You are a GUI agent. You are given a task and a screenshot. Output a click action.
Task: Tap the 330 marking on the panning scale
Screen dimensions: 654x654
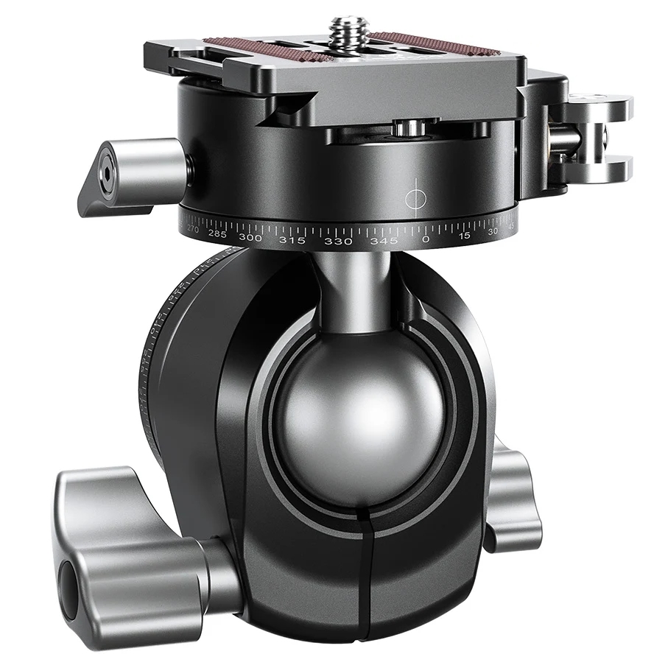pos(338,241)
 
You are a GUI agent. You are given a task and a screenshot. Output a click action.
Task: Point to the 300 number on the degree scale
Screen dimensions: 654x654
pos(250,238)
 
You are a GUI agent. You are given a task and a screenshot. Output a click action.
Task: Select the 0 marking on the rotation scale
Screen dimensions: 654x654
pos(425,239)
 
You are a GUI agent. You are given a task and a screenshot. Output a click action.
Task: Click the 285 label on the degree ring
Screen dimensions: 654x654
pos(217,233)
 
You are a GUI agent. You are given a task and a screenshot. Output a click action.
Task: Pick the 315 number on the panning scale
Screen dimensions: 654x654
pos(292,240)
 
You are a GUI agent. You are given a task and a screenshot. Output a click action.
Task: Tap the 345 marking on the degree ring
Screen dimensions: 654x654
pos(384,241)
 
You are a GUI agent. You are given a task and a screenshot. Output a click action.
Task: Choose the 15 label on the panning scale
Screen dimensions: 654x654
pos(465,236)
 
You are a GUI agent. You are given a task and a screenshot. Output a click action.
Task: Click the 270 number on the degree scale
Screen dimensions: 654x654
pos(193,229)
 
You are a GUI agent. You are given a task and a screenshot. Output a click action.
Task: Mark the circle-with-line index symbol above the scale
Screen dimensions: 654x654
pos(416,197)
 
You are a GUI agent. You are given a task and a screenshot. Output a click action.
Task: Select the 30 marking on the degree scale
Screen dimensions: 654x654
pos(493,231)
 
